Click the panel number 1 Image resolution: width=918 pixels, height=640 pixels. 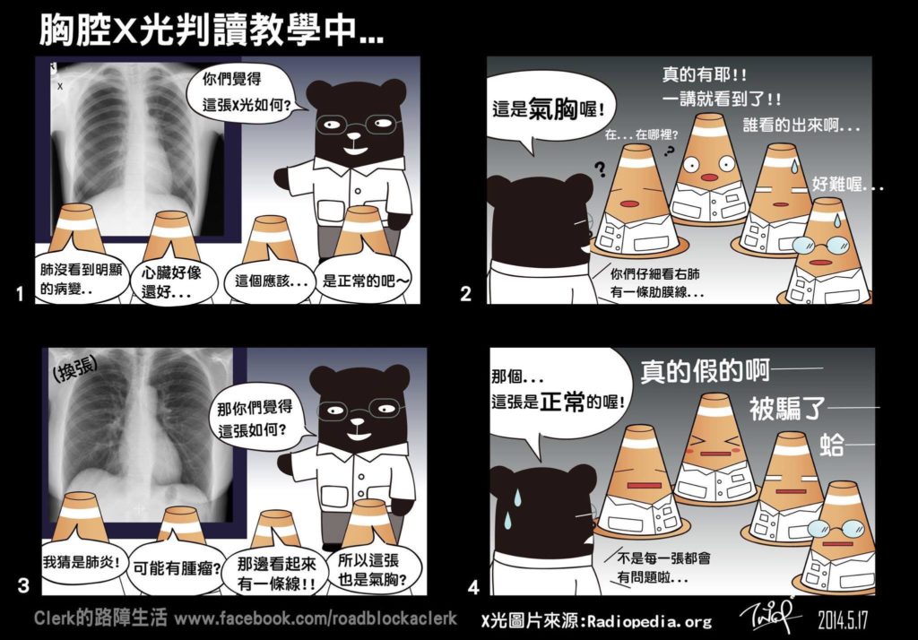tap(20, 293)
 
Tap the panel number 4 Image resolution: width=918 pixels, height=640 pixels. tap(473, 587)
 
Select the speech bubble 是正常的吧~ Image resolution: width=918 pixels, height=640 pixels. tap(364, 281)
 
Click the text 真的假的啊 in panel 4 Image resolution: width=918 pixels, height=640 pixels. tap(705, 371)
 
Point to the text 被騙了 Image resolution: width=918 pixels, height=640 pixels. tap(787, 409)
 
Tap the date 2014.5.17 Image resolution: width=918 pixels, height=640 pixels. tap(843, 620)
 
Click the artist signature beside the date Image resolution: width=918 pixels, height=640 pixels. tap(770, 615)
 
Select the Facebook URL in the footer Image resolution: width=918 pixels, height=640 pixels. tap(316, 618)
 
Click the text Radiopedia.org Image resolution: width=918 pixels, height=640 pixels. tap(650, 621)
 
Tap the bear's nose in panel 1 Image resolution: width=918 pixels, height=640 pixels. tap(353, 136)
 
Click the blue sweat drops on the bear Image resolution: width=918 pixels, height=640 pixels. tap(514, 508)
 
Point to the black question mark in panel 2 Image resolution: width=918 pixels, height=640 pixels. tap(600, 169)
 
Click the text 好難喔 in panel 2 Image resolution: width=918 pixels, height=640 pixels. tap(847, 186)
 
